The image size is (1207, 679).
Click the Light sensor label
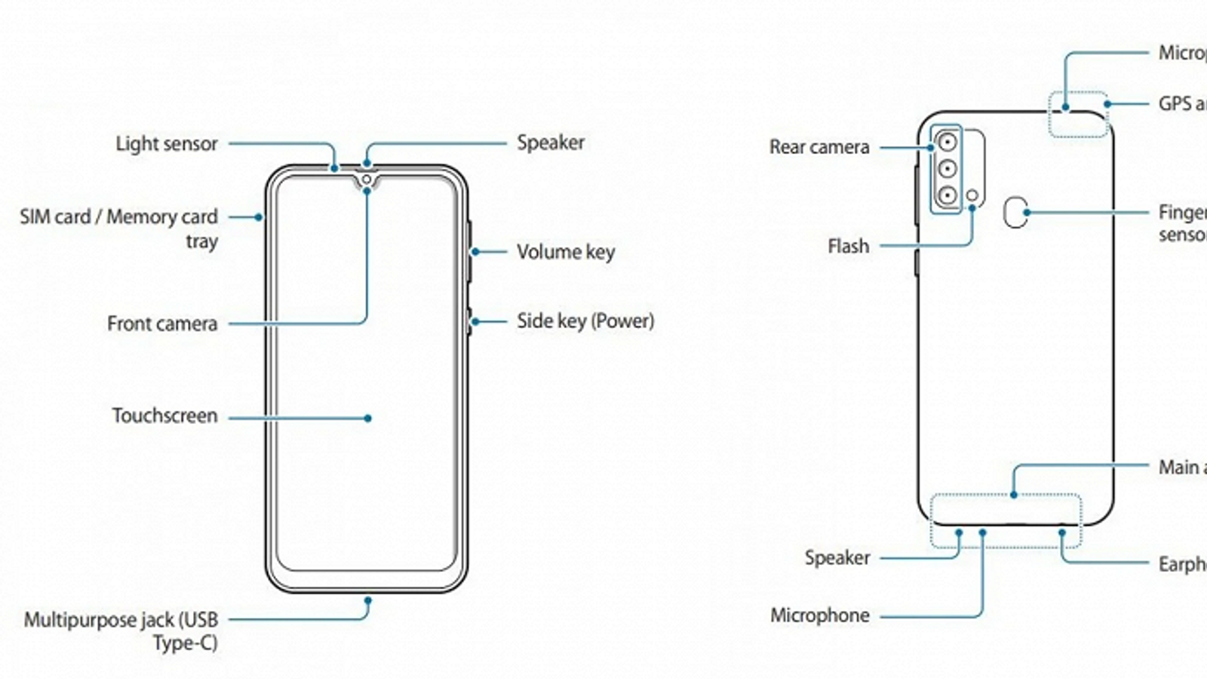click(x=166, y=143)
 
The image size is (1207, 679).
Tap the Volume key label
click(x=565, y=252)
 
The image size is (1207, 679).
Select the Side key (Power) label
click(x=585, y=321)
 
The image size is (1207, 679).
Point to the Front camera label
click(x=162, y=324)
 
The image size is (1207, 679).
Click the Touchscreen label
click(x=164, y=416)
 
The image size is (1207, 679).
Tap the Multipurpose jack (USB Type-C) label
click(x=121, y=631)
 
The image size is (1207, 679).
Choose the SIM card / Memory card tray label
click(x=118, y=229)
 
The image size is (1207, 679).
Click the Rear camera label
click(x=819, y=147)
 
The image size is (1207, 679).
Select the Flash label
click(x=848, y=246)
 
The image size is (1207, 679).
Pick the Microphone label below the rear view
click(x=819, y=616)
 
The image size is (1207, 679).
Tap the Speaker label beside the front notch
click(x=550, y=143)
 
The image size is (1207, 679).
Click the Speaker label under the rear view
click(x=837, y=558)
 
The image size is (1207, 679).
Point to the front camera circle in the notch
click(x=367, y=180)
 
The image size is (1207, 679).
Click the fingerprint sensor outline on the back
click(x=1015, y=213)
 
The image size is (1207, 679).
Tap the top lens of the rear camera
click(x=947, y=142)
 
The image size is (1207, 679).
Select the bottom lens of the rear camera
click(x=947, y=195)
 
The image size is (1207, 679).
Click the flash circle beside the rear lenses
click(x=972, y=196)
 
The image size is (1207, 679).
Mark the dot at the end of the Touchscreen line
click(x=367, y=418)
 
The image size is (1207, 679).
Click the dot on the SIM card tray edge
click(x=258, y=217)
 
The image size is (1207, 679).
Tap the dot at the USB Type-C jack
click(x=367, y=601)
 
